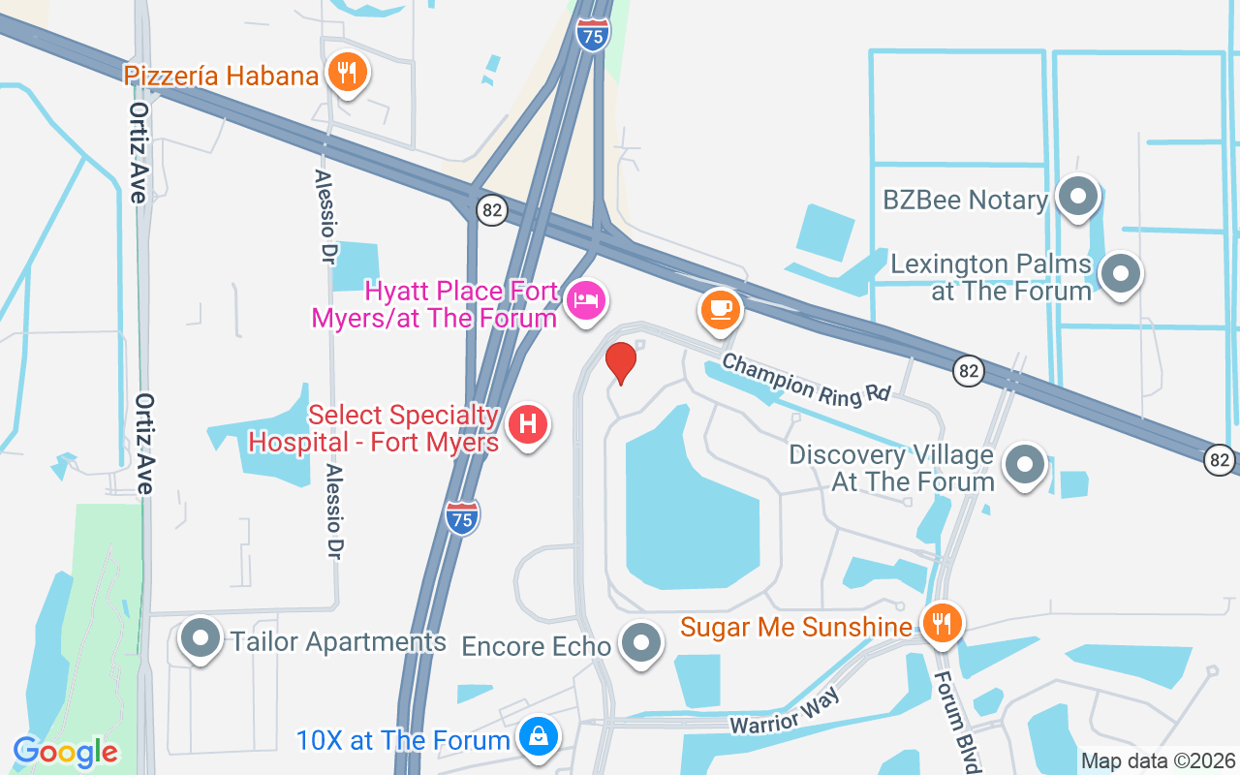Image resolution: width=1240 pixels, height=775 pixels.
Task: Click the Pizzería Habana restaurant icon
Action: [x=346, y=72]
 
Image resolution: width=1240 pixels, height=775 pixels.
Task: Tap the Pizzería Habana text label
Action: [x=221, y=76]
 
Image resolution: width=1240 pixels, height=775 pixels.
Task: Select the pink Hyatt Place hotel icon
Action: [x=585, y=300]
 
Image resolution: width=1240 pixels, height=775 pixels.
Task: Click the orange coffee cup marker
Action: [x=720, y=309]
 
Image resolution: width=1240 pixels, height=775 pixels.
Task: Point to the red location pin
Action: [x=621, y=362]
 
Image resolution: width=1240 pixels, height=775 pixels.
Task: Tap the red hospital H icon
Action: [x=528, y=425]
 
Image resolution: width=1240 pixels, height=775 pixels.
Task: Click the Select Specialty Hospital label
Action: [x=374, y=429]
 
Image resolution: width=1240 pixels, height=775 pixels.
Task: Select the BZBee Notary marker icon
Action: [x=1077, y=197]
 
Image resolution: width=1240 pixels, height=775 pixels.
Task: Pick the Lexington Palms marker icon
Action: [x=1121, y=273]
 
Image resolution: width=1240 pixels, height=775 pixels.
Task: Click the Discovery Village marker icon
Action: [x=1024, y=465]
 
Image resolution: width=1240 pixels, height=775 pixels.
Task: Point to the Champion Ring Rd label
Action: [x=807, y=378]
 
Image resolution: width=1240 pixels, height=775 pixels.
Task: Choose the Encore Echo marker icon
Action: [x=640, y=642]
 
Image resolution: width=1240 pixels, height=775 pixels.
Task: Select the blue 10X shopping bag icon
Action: [x=538, y=736]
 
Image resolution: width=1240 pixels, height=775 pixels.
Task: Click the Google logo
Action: [x=66, y=752]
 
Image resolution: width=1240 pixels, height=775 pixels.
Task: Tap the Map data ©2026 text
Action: [x=1158, y=760]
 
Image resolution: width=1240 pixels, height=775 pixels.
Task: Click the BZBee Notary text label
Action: [x=965, y=201]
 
